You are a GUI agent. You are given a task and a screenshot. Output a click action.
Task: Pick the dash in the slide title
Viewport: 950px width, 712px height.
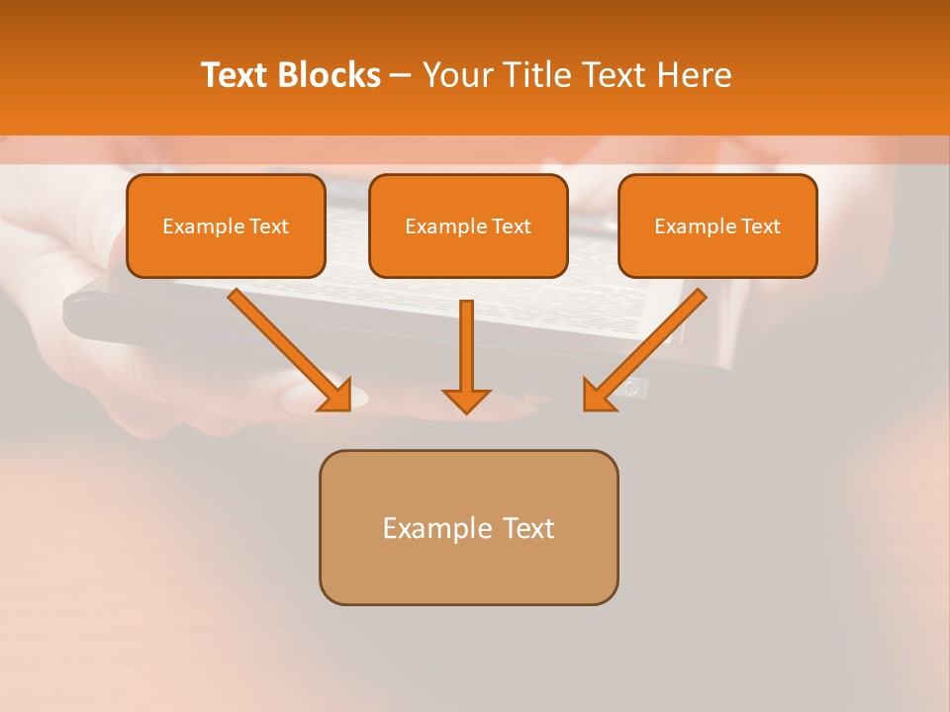pyautogui.click(x=401, y=76)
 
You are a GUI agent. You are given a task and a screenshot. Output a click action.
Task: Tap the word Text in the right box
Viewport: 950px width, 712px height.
pyautogui.click(x=760, y=226)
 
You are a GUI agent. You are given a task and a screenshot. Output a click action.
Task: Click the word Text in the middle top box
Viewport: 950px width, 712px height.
pyautogui.click(x=511, y=226)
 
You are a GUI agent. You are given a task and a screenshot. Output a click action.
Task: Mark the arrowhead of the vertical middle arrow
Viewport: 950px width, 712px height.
pyautogui.click(x=466, y=400)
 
